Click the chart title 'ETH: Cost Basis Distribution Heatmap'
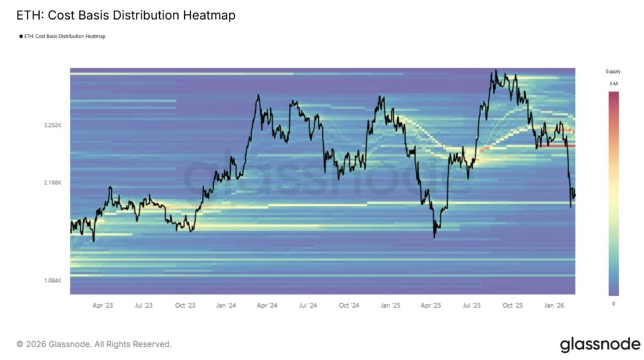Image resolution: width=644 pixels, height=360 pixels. point(126,15)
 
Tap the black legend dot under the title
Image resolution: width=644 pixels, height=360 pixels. point(22,37)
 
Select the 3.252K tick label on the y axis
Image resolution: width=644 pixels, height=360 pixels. point(53,125)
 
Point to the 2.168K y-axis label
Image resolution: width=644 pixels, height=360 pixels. point(53,183)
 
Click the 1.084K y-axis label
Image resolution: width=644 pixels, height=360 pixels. point(53,279)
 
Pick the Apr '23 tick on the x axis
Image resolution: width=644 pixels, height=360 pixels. point(103,305)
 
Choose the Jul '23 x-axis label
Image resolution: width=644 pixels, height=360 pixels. point(143,305)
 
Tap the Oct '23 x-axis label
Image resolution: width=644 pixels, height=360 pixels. point(185,305)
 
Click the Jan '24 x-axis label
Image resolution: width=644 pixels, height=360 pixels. point(226,305)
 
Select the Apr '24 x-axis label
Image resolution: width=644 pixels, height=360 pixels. point(267,305)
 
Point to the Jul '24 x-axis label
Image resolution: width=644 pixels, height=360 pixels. point(308,305)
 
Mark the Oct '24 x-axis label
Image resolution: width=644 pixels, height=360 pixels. point(349,305)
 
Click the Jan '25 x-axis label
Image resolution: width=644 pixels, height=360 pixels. point(391,305)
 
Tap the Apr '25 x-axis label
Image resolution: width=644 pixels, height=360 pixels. point(431,305)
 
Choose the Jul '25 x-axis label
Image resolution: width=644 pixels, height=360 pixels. point(472,305)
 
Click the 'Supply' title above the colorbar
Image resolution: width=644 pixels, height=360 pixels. point(613,72)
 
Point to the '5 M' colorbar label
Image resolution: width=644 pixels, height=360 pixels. point(613,84)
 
